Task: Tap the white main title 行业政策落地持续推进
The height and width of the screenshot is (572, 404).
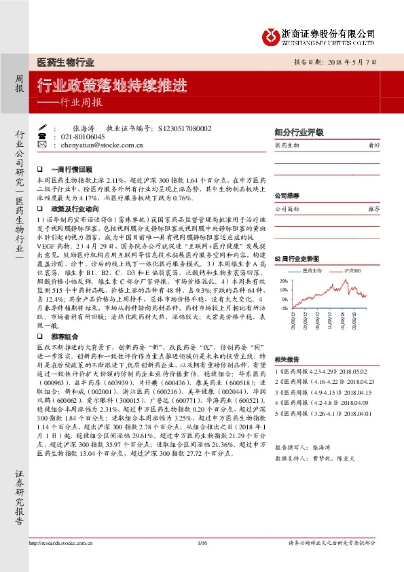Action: pos(111,86)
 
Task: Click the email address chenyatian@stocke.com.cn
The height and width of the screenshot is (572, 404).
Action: pos(102,145)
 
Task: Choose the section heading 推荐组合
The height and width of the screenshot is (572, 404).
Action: pos(65,336)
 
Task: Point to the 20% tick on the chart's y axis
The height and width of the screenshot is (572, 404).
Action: pos(282,280)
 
